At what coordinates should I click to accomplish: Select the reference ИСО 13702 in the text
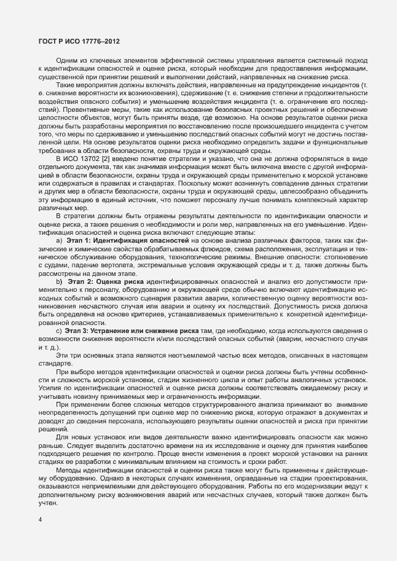point(82,159)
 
